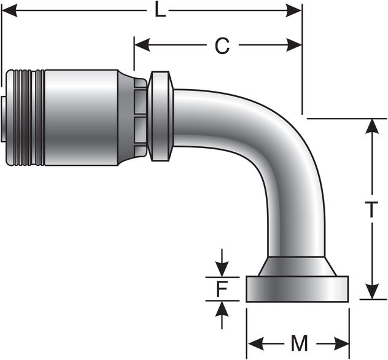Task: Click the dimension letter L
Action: [x=160, y=10]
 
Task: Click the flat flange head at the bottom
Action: [x=297, y=289]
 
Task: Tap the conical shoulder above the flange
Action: [x=297, y=267]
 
